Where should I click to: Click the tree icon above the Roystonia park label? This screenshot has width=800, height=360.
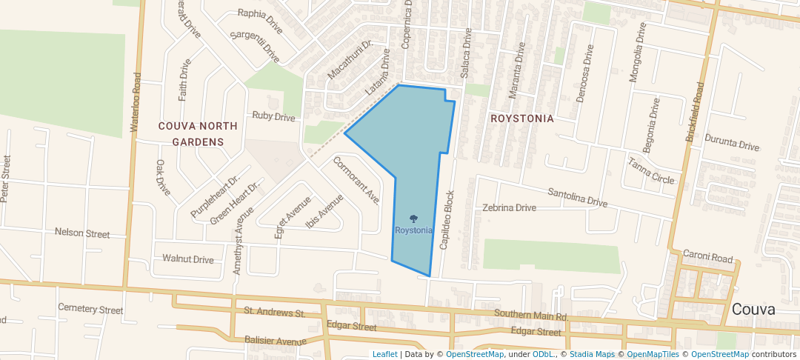tap(413, 219)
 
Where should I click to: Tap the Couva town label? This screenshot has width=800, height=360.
tap(753, 310)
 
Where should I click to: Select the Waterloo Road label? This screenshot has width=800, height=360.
tap(136, 102)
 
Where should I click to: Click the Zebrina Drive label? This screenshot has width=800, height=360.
tap(509, 207)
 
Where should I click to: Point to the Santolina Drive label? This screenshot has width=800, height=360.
tap(577, 197)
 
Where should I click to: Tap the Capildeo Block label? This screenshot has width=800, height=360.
tap(447, 221)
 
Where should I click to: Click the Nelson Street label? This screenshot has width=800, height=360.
tap(82, 233)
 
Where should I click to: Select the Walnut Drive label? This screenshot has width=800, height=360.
tap(188, 259)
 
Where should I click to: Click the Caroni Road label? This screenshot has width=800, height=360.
tap(708, 259)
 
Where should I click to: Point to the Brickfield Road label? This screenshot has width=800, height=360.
tap(694, 112)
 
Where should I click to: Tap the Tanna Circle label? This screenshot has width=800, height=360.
tap(651, 171)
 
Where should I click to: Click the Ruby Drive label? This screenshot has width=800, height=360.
tap(273, 116)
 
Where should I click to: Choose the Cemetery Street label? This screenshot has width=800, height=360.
tap(90, 309)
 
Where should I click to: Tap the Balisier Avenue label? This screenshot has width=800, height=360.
tap(275, 341)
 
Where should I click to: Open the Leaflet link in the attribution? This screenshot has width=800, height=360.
tap(384, 354)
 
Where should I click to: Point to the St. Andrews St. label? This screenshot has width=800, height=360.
tap(275, 312)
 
